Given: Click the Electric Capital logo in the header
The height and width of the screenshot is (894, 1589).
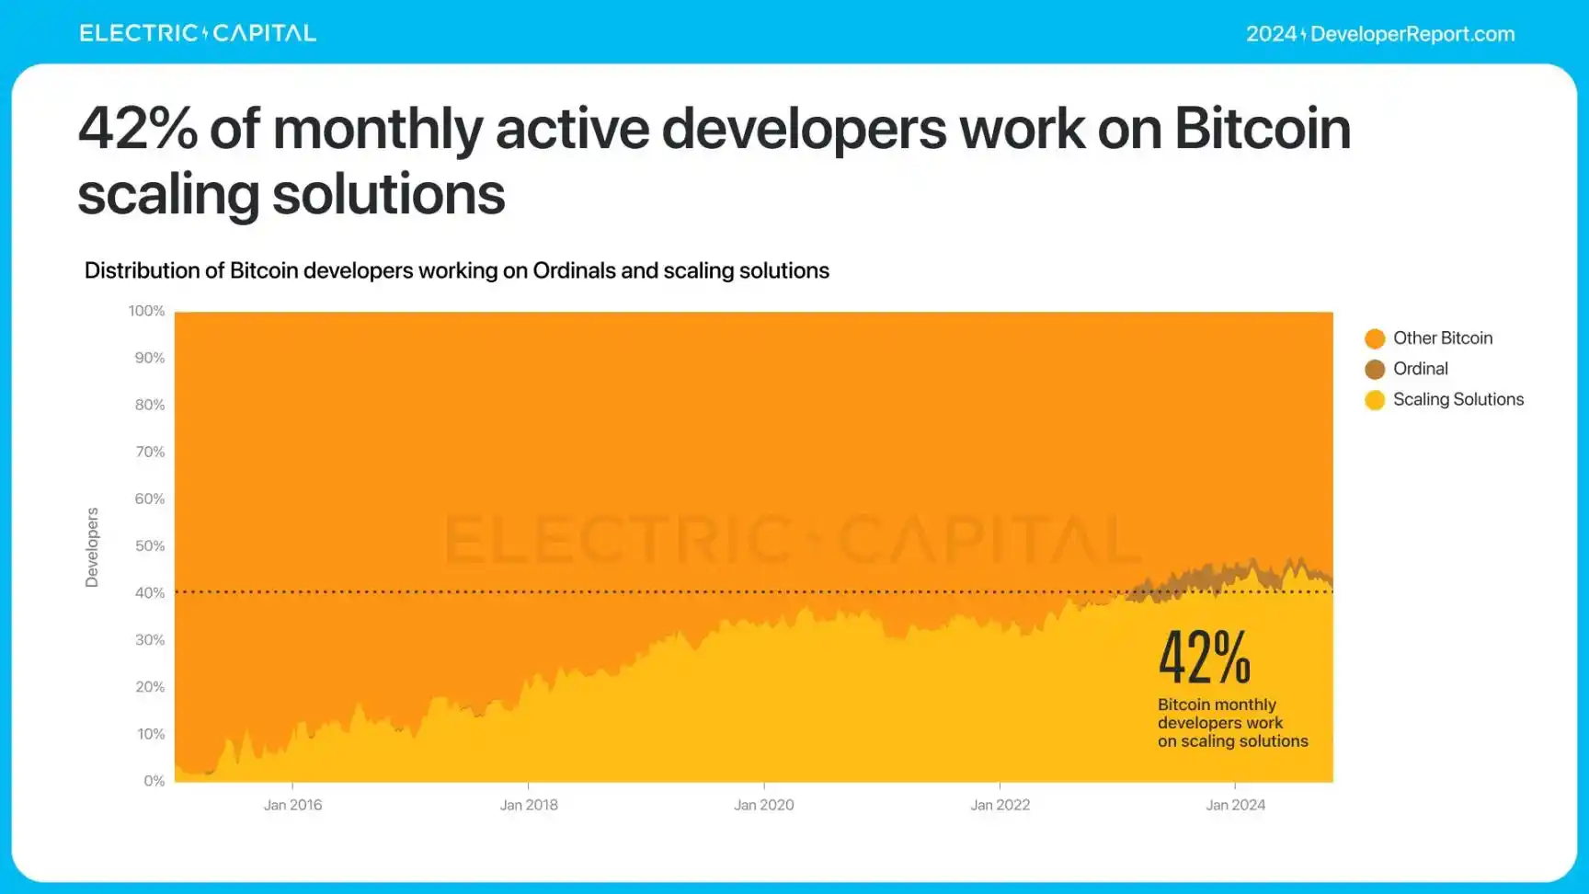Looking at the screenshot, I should (x=198, y=33).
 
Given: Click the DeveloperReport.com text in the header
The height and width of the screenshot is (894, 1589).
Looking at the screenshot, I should (x=1412, y=34).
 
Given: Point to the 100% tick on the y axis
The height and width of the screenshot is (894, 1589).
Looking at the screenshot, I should (x=147, y=311).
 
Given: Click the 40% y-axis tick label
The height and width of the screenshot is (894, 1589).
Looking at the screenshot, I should (x=150, y=593).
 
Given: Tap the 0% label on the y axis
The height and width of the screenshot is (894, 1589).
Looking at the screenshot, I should (x=154, y=781).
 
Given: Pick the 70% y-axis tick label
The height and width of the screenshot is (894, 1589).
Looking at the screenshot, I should (x=150, y=452).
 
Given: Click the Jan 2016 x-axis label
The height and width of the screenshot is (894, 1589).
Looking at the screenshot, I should (x=292, y=805).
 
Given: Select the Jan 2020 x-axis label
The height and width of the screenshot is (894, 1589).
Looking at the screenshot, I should (x=763, y=805).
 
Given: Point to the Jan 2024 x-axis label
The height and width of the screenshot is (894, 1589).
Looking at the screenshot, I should (x=1235, y=805).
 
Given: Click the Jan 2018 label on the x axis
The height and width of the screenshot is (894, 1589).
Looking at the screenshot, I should (x=529, y=805).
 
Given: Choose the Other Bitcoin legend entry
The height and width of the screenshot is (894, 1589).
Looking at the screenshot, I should (x=1442, y=338).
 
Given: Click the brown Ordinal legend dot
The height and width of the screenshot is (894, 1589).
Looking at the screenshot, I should (x=1375, y=369).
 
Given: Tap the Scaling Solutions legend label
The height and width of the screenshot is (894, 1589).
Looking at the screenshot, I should (x=1458, y=399).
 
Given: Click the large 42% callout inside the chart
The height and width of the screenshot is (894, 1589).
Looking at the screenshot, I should (x=1205, y=658).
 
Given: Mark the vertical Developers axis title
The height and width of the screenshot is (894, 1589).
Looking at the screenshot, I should (x=92, y=547).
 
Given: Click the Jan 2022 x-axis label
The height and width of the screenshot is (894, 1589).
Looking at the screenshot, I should (x=1000, y=805).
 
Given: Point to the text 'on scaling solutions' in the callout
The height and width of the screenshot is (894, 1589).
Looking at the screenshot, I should (x=1232, y=741).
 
